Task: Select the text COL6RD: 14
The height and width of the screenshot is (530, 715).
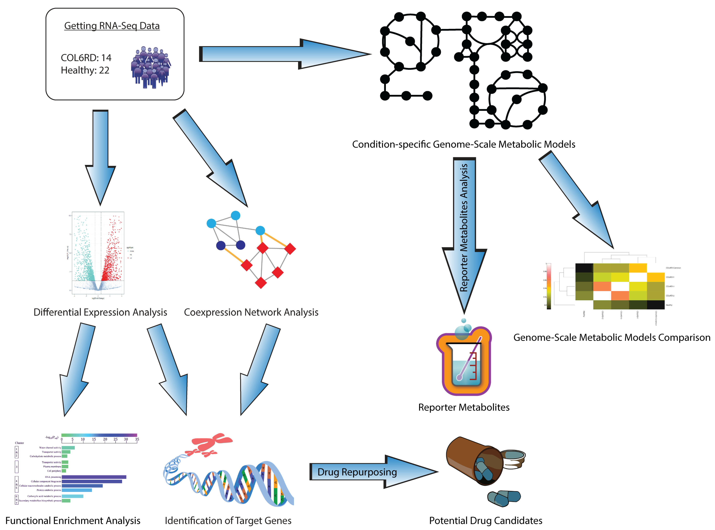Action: pos(86,58)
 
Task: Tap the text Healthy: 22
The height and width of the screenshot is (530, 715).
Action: pos(85,70)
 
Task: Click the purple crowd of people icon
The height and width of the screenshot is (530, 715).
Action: pos(151,67)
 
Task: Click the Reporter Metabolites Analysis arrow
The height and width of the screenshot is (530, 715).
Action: pos(464,228)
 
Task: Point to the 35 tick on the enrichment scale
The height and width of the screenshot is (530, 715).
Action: pos(137,439)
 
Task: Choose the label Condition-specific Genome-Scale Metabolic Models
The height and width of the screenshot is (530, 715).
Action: pos(464,144)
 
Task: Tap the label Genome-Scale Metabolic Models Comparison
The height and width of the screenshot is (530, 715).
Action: pos(611,337)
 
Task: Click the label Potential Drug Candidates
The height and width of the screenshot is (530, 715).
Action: pos(485,520)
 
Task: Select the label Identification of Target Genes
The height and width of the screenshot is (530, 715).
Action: pos(228,520)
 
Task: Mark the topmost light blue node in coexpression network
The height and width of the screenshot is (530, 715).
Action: pos(236,215)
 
